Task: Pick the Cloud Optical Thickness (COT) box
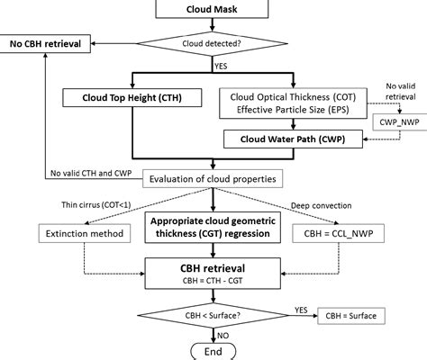[292, 100]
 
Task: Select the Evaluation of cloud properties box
[213, 178]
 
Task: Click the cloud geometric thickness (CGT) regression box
[213, 229]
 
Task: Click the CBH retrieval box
[213, 273]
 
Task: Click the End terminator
[213, 351]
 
